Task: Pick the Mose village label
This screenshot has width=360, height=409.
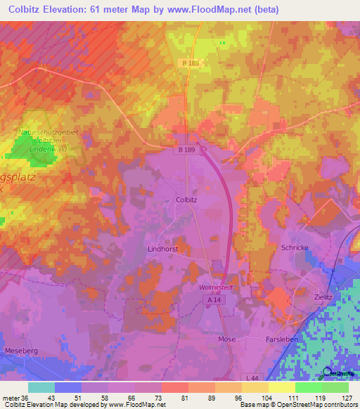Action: point(226,339)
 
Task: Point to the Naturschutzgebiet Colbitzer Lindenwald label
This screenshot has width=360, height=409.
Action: point(47,140)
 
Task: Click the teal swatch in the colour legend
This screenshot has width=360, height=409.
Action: point(41,387)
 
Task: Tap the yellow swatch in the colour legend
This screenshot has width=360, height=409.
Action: point(281,387)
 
